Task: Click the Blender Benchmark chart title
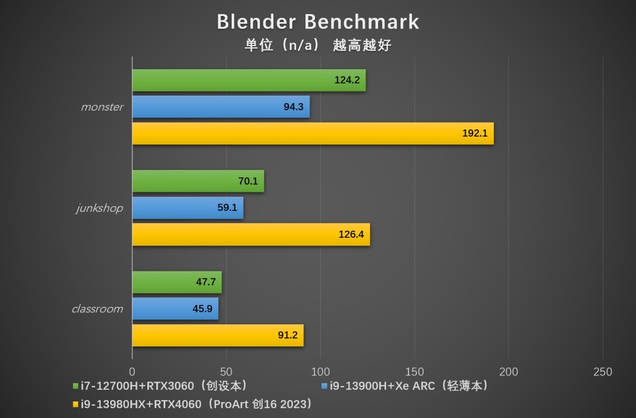[318, 22]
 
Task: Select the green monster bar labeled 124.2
[249, 81]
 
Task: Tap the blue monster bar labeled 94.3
[220, 106]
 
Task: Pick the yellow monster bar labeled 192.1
[313, 134]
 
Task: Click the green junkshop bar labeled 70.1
[198, 181]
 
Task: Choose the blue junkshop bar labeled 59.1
[188, 208]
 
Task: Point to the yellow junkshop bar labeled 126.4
[251, 234]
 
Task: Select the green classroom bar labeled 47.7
[176, 282]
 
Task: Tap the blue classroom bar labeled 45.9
[175, 309]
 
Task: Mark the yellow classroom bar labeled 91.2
[217, 335]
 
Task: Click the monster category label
[102, 107]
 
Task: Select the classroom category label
[97, 309]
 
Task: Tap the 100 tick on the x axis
[320, 372]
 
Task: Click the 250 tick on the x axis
[603, 372]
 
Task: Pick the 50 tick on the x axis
[226, 372]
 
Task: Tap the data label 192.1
[474, 134]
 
